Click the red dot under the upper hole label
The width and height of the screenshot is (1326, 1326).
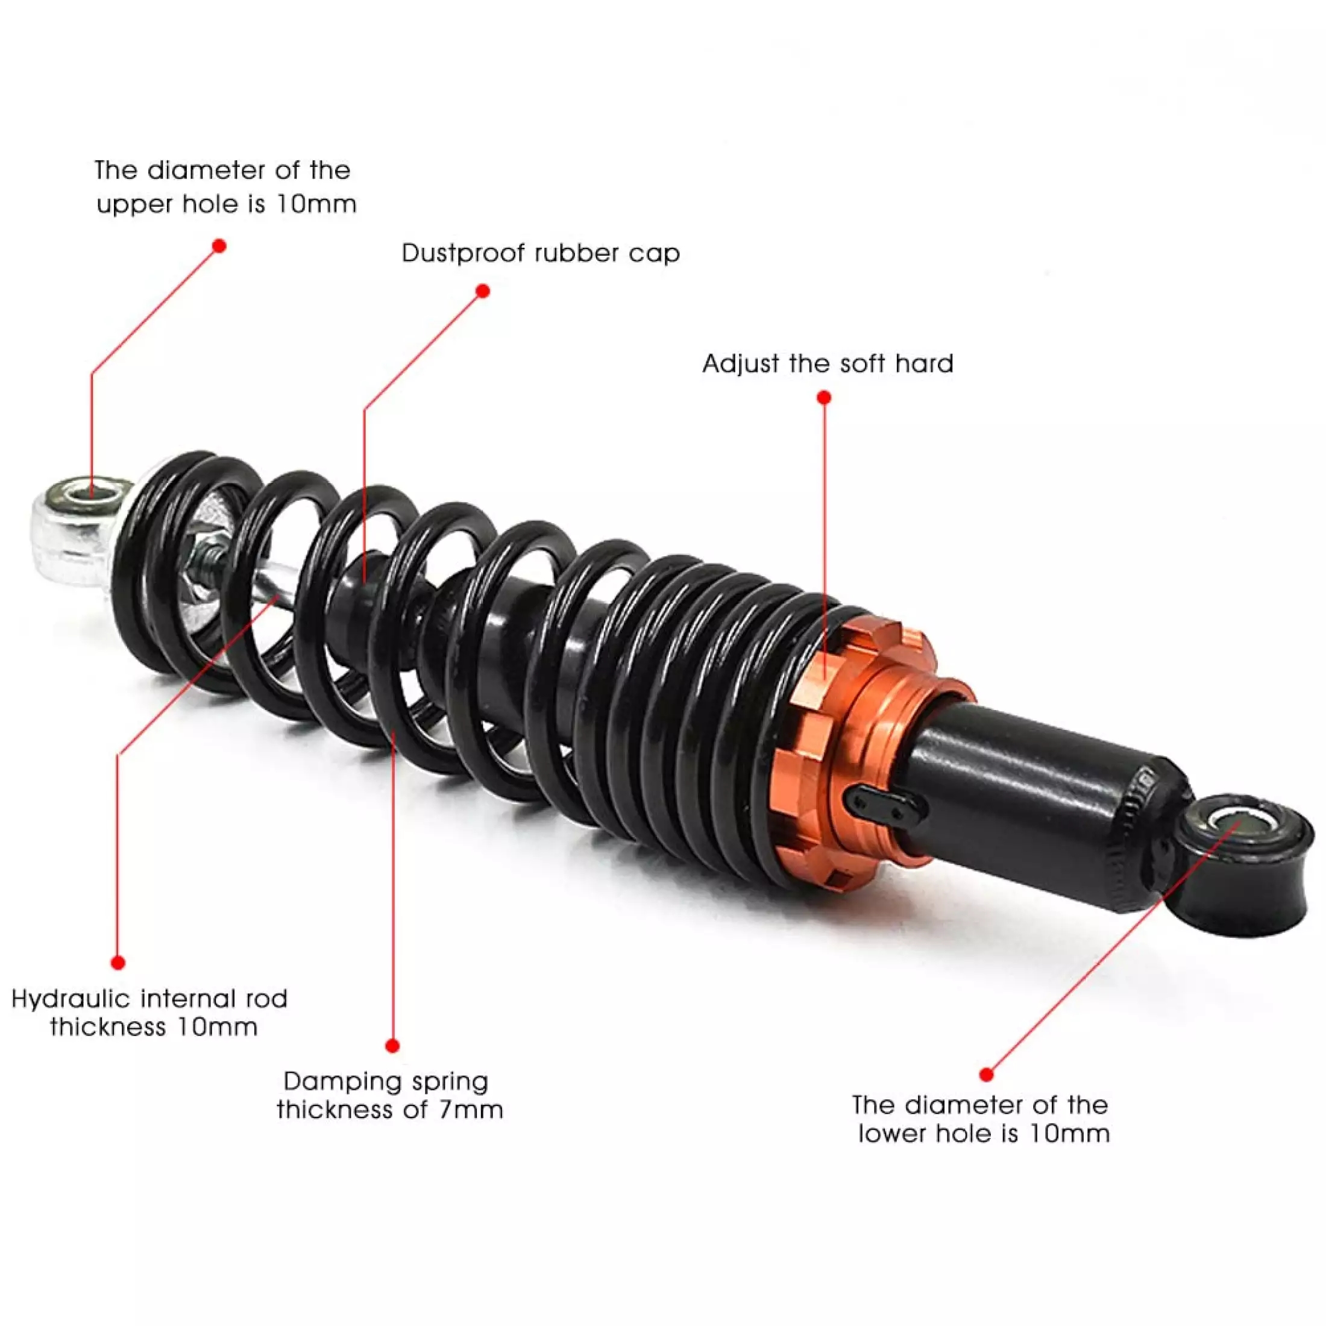coord(219,246)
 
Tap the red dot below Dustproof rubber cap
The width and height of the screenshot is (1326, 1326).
coord(483,291)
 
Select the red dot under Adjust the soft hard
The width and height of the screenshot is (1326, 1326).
coord(825,397)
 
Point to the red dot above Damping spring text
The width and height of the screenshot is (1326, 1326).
coord(392,1046)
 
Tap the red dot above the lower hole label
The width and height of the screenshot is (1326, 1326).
coord(986,1074)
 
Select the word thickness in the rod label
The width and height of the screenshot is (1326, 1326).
coord(108,1028)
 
